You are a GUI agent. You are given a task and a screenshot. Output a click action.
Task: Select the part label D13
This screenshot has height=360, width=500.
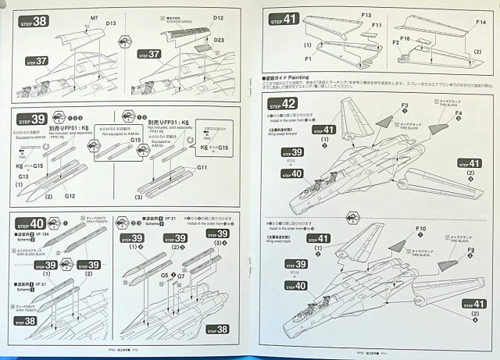coord(111,25)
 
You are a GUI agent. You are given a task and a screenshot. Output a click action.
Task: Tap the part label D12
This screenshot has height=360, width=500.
coord(218,17)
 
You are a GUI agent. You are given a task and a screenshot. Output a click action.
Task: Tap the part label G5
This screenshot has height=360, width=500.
coord(164,275)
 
